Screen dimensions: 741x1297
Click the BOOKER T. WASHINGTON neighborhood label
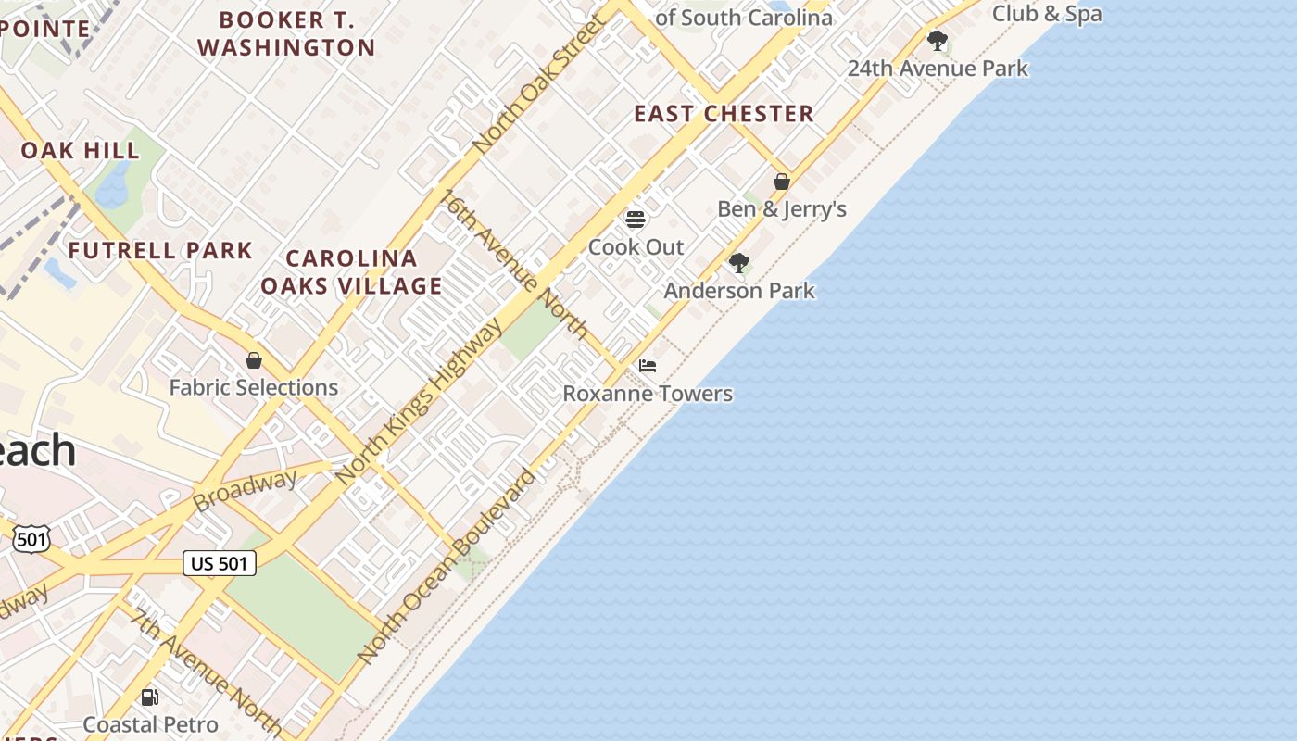[x=286, y=33]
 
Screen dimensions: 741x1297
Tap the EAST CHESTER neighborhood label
[x=724, y=114]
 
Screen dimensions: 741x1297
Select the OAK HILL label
[x=81, y=150]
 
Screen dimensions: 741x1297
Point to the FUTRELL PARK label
[x=160, y=250]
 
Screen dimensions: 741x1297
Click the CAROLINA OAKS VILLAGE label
[x=351, y=271]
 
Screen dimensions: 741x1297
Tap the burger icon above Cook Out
[x=636, y=220]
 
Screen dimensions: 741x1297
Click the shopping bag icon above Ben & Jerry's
[x=782, y=182]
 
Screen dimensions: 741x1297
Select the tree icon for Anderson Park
[x=738, y=263]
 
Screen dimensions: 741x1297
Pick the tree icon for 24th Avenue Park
[x=938, y=41]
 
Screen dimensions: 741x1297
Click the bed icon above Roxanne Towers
[x=648, y=366]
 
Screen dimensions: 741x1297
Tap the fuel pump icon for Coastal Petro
[x=149, y=697]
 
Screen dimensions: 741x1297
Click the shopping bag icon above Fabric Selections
[x=254, y=360]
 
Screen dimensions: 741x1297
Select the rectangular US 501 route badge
[x=220, y=562]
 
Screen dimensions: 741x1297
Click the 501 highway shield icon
[x=31, y=538]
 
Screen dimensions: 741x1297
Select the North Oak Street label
[x=539, y=83]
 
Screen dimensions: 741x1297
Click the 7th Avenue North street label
[x=206, y=669]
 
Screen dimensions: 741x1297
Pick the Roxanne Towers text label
[x=648, y=394]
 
